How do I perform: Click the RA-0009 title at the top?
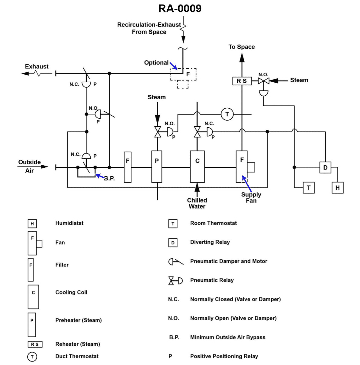click(x=180, y=8)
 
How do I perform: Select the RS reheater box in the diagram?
click(x=242, y=81)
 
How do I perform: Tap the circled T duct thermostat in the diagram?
click(x=227, y=114)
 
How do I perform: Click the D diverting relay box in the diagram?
click(x=325, y=167)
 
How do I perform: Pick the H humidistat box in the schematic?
click(x=337, y=188)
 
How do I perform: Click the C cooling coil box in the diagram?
click(x=197, y=167)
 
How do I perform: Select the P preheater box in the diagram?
click(x=156, y=167)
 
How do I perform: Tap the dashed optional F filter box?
click(x=184, y=74)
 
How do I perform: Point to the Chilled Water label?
click(x=197, y=203)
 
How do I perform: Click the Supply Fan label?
click(x=251, y=198)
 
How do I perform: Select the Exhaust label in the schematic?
click(x=37, y=66)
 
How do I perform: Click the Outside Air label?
click(x=29, y=166)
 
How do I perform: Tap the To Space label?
click(x=242, y=47)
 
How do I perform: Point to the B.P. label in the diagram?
click(x=109, y=178)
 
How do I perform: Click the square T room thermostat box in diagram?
click(x=309, y=188)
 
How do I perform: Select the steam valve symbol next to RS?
click(x=264, y=81)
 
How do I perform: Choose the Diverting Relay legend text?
click(x=210, y=242)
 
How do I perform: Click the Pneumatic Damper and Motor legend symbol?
click(x=175, y=262)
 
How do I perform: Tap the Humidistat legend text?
click(x=69, y=223)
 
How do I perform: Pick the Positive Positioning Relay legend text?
click(x=224, y=356)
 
